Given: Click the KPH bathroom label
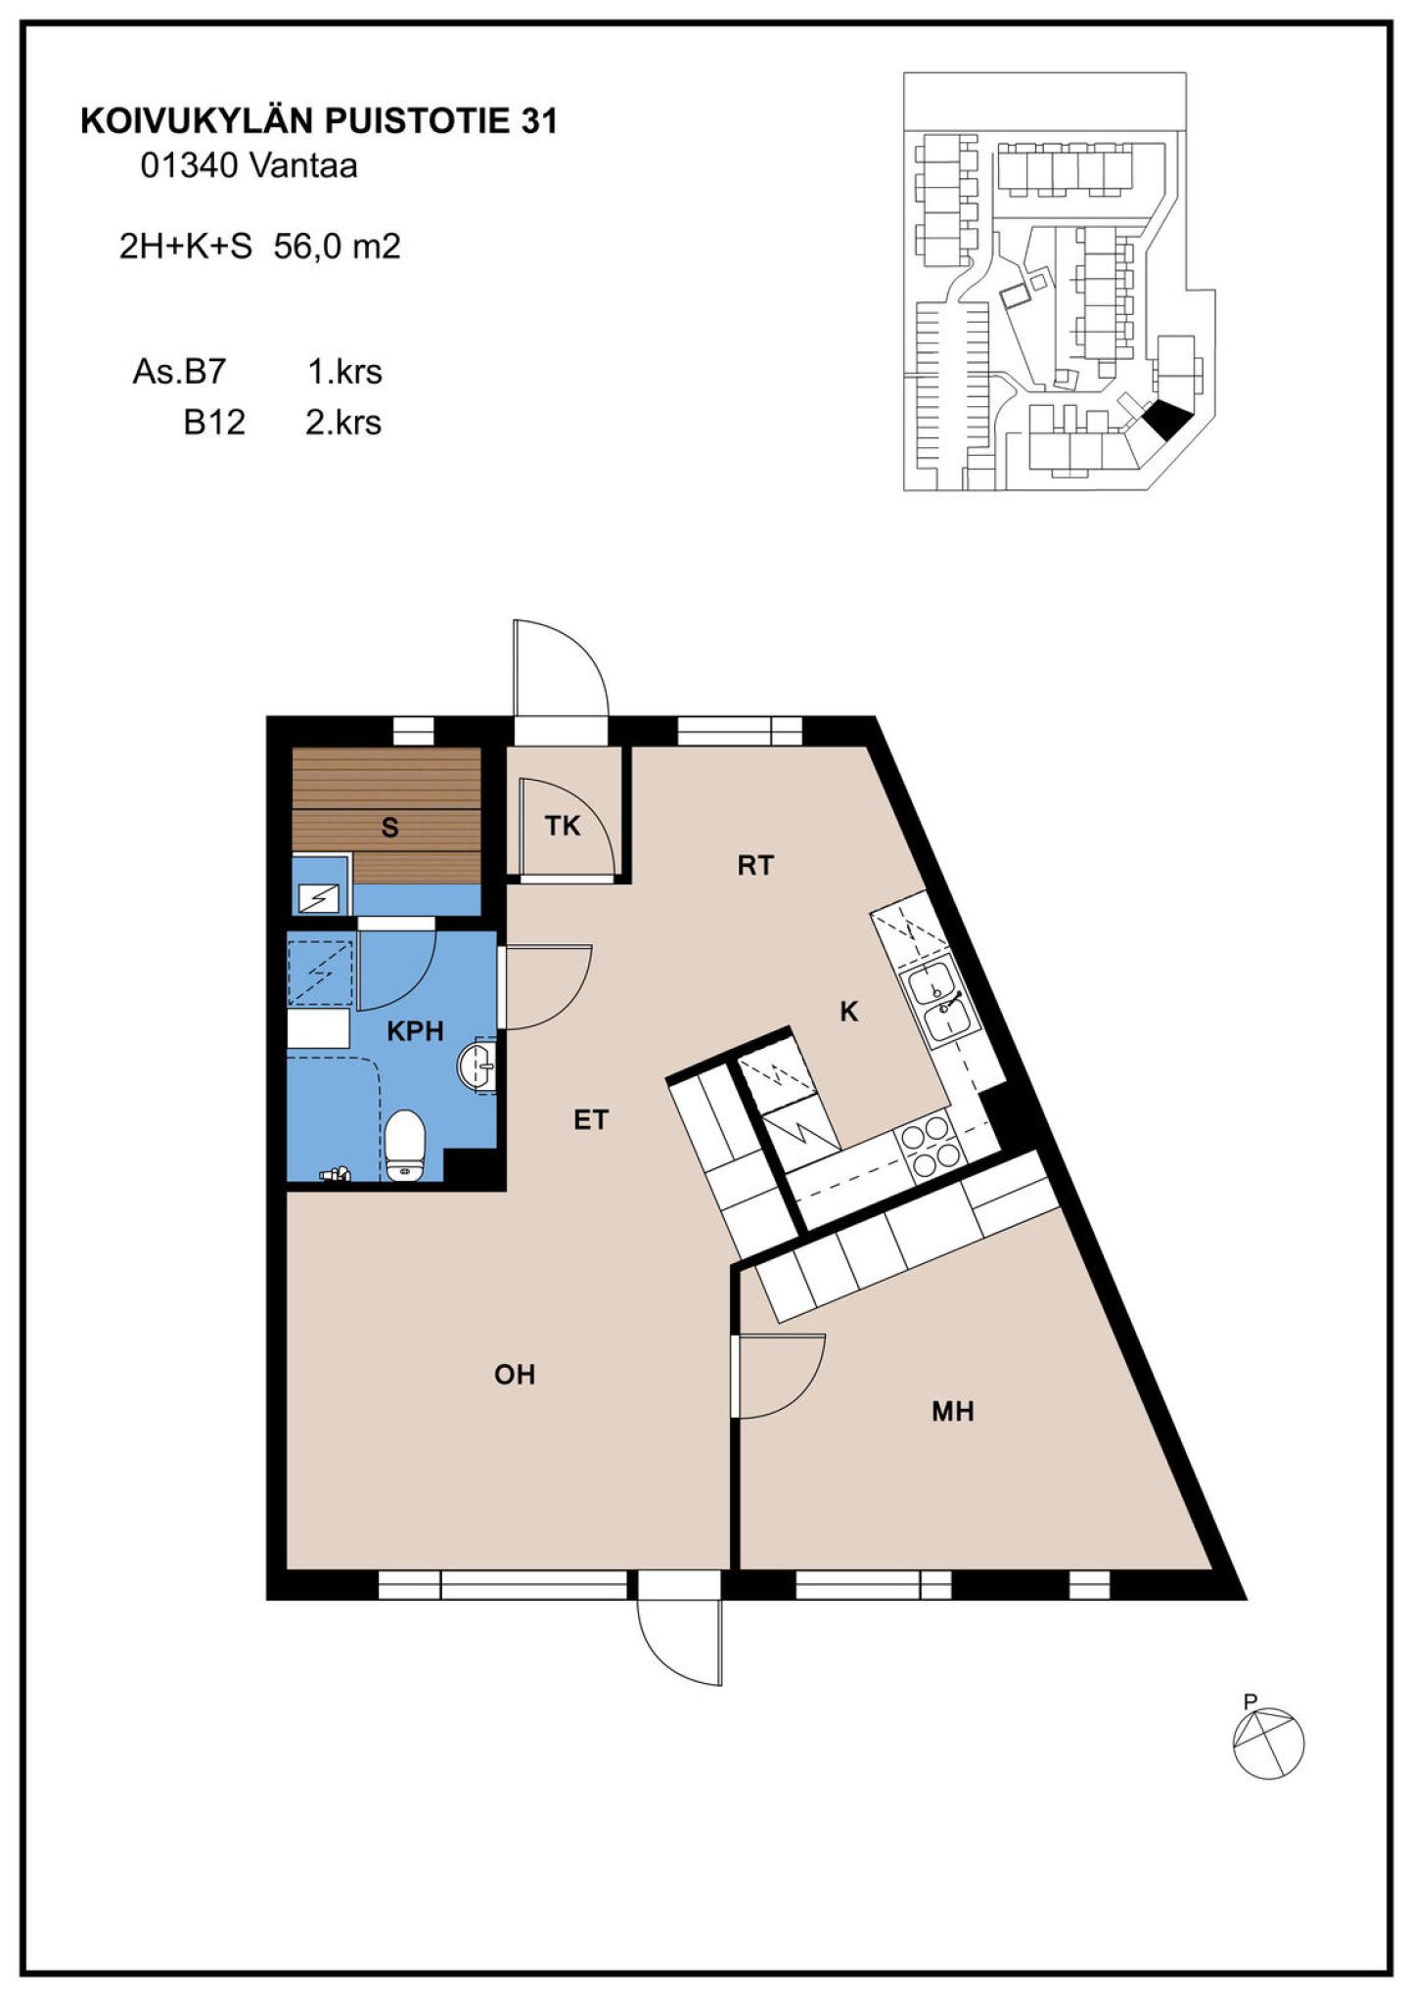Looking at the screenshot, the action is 415,1030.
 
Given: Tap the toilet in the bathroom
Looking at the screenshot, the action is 404,1145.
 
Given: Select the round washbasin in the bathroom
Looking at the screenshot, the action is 477,1064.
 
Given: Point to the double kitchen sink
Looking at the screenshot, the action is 937,1001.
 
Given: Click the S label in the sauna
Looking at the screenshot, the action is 389,828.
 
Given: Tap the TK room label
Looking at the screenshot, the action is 563,826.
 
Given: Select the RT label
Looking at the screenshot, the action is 755,865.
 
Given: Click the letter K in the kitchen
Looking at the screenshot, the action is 848,1012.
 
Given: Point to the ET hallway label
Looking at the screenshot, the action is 591,1119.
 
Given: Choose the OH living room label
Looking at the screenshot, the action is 515,1375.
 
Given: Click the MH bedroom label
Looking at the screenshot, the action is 952,1411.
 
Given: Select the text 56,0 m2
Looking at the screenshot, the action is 338,246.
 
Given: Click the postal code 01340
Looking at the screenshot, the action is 189,166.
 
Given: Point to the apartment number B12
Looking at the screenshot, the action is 214,423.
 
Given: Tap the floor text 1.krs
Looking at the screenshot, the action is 344,372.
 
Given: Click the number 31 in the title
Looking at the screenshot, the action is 539,121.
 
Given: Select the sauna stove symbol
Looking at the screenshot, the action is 319,897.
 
